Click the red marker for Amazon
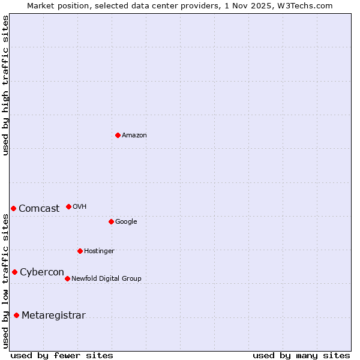[x=118, y=135]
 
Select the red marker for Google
[x=111, y=221]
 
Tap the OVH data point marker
[x=68, y=206]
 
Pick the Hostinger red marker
[x=80, y=251]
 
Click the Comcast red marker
[x=13, y=208]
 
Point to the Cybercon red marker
[x=14, y=272]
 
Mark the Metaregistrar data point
[x=16, y=315]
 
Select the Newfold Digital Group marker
[x=67, y=278]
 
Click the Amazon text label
[x=134, y=136]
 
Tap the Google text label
[x=126, y=222]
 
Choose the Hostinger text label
[x=99, y=251]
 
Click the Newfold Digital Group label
[x=106, y=278]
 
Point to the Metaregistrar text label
[x=53, y=316]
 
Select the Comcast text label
[x=39, y=209]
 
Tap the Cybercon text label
[x=42, y=272]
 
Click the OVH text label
[x=80, y=207]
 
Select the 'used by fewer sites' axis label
[x=62, y=355]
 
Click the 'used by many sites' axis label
[x=301, y=355]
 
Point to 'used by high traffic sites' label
[x=5, y=85]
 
